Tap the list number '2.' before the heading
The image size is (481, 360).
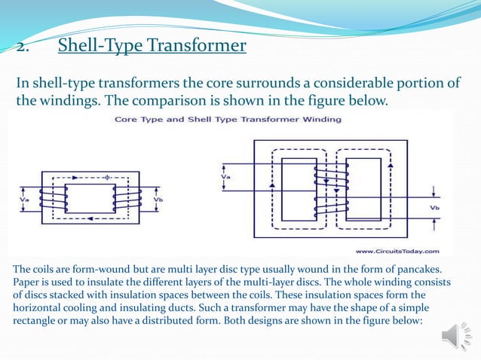(22, 48)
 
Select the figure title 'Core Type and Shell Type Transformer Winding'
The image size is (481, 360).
(228, 119)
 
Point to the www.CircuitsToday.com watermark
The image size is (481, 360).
(397, 251)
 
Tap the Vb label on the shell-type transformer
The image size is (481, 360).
(434, 207)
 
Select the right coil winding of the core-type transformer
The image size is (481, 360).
(120, 199)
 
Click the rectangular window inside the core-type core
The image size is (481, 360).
(89, 198)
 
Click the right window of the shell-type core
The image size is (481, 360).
(362, 188)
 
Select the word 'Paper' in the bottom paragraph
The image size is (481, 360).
(29, 282)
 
